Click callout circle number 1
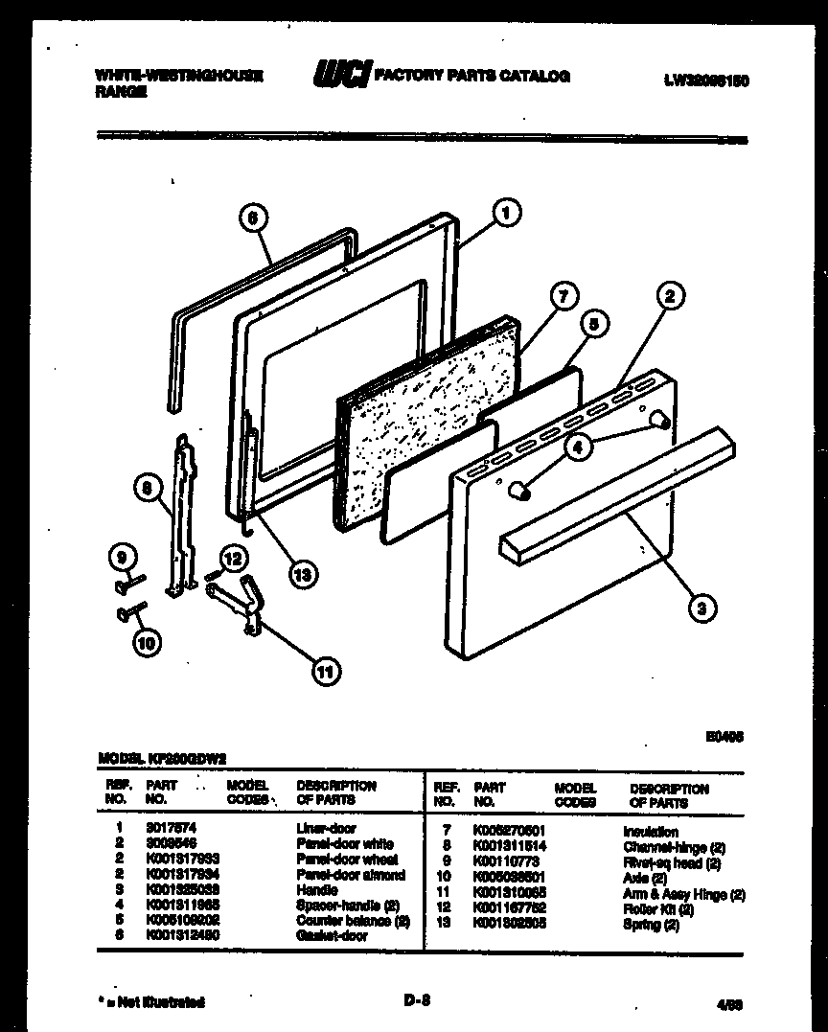point(507,213)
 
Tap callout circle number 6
point(251,218)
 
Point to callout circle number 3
point(702,607)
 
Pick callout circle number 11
point(326,672)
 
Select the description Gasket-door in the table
point(331,935)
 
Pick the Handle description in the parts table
point(316,890)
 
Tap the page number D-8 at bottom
point(415,1001)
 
